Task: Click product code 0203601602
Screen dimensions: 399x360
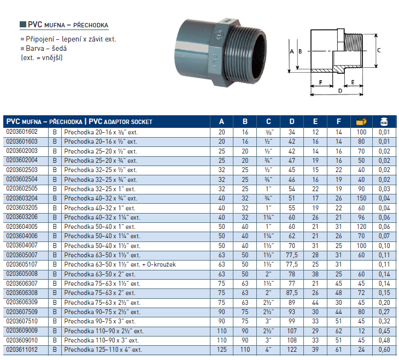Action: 22,132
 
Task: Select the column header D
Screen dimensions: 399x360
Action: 292,122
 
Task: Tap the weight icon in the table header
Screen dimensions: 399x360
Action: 384,122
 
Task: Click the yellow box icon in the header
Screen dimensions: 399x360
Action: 361,122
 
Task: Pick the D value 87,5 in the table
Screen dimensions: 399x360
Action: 292,293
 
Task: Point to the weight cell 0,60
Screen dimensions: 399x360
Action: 384,350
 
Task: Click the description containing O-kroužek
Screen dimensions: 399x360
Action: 120,264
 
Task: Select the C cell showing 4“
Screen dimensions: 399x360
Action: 268,350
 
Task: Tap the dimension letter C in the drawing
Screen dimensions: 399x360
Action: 379,50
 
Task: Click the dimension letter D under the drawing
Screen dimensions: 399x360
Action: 340,91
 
